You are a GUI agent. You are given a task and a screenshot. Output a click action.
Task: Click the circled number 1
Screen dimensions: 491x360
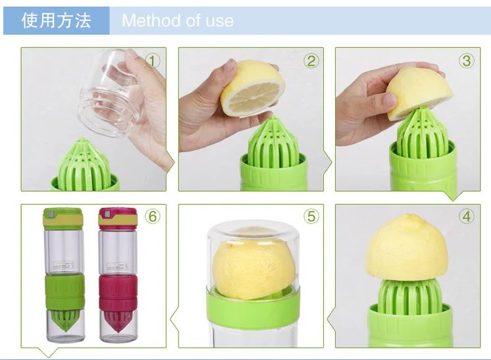(x=153, y=61)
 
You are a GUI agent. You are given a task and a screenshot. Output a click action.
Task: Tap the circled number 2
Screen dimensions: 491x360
(x=311, y=61)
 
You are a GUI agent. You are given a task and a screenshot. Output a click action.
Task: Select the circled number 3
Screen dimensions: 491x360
(x=467, y=61)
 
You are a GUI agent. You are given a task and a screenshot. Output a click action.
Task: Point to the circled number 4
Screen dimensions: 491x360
(x=467, y=217)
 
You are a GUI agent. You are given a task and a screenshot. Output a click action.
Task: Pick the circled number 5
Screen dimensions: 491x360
(x=311, y=217)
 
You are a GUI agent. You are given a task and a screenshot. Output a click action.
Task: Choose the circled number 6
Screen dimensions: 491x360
(x=153, y=217)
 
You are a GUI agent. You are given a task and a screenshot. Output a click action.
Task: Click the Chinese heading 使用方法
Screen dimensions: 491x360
(x=57, y=20)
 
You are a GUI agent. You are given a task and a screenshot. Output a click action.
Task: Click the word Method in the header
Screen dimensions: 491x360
(x=151, y=20)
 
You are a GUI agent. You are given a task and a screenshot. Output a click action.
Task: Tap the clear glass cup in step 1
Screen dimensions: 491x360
(x=108, y=92)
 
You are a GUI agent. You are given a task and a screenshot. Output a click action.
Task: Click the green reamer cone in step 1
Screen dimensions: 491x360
(x=84, y=165)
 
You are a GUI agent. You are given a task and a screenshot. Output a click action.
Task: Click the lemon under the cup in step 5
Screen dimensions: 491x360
(x=253, y=269)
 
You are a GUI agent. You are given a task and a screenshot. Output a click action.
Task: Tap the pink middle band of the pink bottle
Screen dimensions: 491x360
(x=118, y=292)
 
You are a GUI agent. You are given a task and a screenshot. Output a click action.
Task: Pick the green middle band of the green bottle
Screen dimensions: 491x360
(x=65, y=292)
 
